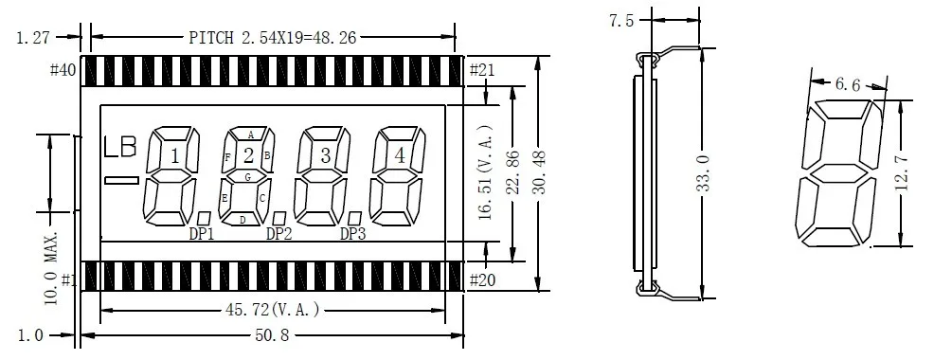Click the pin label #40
click(x=63, y=70)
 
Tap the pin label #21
click(x=482, y=70)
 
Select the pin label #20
click(x=482, y=280)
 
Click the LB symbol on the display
click(x=120, y=147)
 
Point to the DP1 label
click(x=202, y=234)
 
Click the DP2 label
click(x=278, y=234)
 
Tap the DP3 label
click(x=352, y=234)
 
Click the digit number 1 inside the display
click(x=175, y=156)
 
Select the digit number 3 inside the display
click(x=325, y=156)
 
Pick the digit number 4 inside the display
click(x=400, y=156)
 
